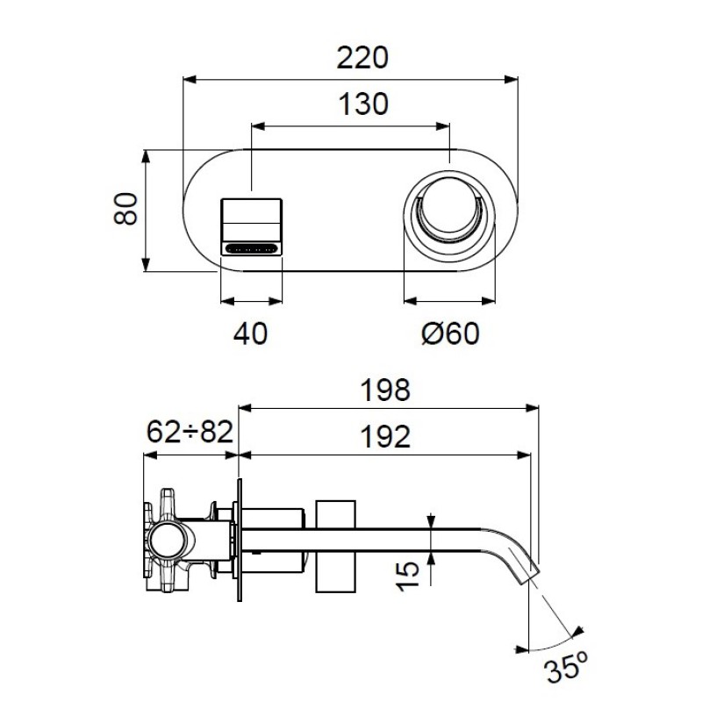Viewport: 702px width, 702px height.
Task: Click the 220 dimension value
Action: (x=362, y=57)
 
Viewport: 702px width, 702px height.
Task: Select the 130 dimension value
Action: (x=363, y=104)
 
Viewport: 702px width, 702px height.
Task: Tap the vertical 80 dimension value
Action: (x=125, y=209)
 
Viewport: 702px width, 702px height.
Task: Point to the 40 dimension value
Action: (x=250, y=333)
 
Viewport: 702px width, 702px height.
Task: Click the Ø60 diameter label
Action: (x=450, y=333)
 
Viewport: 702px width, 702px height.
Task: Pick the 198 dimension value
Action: (x=385, y=390)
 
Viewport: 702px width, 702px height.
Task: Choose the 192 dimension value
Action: (x=385, y=436)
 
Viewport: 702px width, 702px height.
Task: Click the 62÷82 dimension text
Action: (x=190, y=432)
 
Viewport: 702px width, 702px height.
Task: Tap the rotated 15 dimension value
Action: (x=407, y=577)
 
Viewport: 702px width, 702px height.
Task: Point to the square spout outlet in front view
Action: (x=252, y=227)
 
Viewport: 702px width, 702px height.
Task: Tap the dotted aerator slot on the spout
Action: (x=251, y=248)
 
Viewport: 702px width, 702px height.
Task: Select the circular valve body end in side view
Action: (x=167, y=540)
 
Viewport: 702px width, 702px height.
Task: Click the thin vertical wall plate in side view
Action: (x=240, y=540)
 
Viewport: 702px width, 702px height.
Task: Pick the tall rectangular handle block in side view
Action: (x=336, y=546)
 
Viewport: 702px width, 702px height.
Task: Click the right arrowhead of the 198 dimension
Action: (x=533, y=408)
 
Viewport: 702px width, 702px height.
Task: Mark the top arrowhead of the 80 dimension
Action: (x=145, y=157)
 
